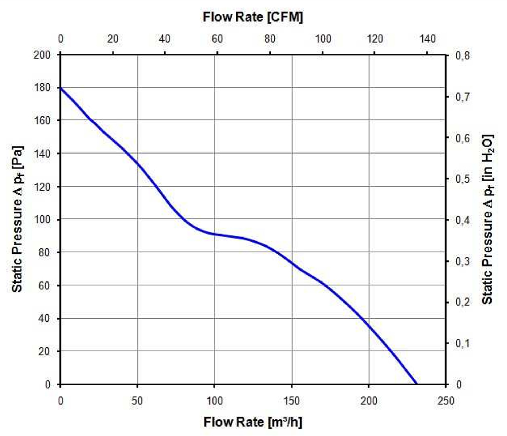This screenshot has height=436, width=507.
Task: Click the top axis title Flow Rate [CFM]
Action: pyautogui.click(x=253, y=17)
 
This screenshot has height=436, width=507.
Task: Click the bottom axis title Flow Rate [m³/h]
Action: pyautogui.click(x=253, y=422)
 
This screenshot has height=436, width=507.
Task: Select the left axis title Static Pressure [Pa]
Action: pyautogui.click(x=17, y=219)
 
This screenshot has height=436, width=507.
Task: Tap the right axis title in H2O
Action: pyautogui.click(x=488, y=219)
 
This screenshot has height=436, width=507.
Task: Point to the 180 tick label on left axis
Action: pyautogui.click(x=42, y=87)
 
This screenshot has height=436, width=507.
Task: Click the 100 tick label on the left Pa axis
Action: pyautogui.click(x=42, y=219)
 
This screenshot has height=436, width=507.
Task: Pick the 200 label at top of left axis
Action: pyautogui.click(x=42, y=55)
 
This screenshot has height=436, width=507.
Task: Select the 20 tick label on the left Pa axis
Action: pyautogui.click(x=44, y=351)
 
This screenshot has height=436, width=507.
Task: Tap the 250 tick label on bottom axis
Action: pyautogui.click(x=446, y=400)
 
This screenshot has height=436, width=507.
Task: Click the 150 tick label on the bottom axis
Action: pyautogui.click(x=292, y=400)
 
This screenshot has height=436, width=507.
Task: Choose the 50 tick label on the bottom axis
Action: pyautogui.click(x=137, y=400)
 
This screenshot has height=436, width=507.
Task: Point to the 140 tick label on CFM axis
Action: pyautogui.click(x=427, y=39)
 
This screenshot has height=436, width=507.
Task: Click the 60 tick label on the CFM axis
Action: pyautogui.click(x=218, y=39)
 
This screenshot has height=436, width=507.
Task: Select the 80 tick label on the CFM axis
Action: pyautogui.click(x=270, y=39)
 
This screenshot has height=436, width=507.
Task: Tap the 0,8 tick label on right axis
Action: pyautogui.click(x=462, y=55)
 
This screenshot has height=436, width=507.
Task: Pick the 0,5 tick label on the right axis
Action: pyautogui.click(x=462, y=179)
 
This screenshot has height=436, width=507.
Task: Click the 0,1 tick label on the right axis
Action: pyautogui.click(x=462, y=343)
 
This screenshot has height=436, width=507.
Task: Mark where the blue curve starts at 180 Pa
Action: pyautogui.click(x=60, y=88)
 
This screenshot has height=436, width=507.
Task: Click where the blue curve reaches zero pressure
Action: pyautogui.click(x=416, y=384)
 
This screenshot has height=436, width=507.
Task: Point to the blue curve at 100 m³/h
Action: pyautogui.click(x=214, y=233)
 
